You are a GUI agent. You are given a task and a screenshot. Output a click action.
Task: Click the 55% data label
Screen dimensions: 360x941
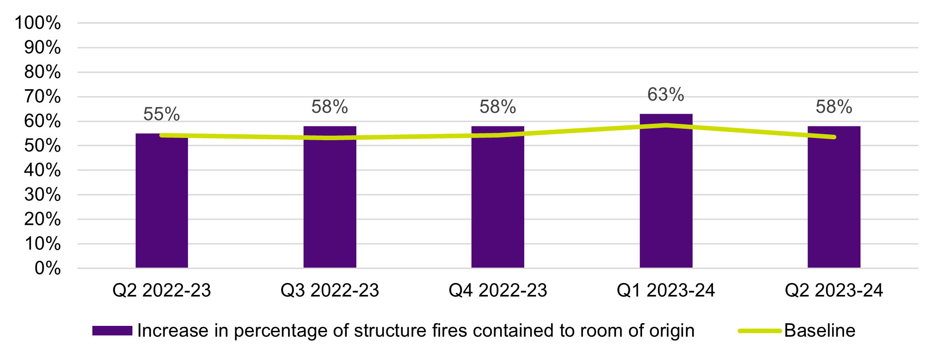(x=162, y=114)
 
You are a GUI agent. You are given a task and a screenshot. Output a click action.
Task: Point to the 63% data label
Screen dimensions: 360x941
(x=666, y=95)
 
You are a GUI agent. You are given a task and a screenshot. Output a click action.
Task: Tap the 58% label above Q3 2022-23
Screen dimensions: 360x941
(x=330, y=107)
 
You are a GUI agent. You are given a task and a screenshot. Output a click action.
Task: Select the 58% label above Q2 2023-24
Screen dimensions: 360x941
(x=834, y=107)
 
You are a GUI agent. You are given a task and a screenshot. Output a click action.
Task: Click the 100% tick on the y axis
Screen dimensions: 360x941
(x=38, y=23)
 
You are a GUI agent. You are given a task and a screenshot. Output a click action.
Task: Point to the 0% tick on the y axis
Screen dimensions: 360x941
(x=48, y=268)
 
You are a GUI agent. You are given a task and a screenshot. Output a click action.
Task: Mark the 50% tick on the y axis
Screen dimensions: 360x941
(x=43, y=146)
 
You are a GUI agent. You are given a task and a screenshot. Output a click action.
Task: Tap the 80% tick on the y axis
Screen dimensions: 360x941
(x=43, y=72)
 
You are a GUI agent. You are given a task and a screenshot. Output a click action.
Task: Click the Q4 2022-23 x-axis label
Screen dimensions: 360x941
(x=498, y=290)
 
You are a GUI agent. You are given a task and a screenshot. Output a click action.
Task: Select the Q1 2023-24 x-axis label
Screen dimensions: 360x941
(x=666, y=290)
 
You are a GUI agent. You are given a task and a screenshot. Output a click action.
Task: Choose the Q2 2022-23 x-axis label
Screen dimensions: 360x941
(x=162, y=290)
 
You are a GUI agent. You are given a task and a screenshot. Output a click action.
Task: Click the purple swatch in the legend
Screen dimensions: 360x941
(x=112, y=331)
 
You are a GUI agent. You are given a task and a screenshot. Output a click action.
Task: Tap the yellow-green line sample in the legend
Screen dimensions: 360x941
(x=759, y=331)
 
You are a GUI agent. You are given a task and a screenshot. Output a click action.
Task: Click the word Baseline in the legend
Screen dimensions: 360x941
(x=820, y=331)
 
